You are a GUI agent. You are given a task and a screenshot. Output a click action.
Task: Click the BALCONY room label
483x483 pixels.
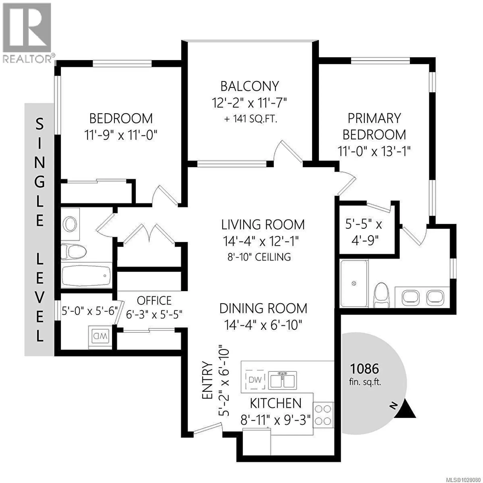250,86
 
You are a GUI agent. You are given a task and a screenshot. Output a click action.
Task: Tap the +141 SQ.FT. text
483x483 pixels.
251,119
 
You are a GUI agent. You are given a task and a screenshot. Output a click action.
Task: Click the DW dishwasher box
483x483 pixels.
255,380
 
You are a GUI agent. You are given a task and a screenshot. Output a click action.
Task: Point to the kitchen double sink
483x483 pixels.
282,380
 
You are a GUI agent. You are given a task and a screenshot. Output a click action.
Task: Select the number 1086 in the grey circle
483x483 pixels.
365,369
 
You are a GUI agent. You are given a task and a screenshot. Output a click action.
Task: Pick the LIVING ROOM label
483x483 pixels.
263,225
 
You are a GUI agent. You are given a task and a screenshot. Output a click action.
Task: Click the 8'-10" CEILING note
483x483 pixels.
259,257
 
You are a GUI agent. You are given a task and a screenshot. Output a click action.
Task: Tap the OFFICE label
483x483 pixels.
154,301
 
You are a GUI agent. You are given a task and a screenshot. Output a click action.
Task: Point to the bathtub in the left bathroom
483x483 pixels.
86,275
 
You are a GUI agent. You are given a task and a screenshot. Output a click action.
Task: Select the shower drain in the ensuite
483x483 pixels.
354,284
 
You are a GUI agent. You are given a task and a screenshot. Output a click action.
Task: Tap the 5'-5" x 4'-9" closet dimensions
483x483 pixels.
364,232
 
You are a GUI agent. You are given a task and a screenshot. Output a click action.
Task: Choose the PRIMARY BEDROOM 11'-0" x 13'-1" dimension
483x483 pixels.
374,151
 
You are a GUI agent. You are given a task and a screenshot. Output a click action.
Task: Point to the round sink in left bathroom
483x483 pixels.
70,224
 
